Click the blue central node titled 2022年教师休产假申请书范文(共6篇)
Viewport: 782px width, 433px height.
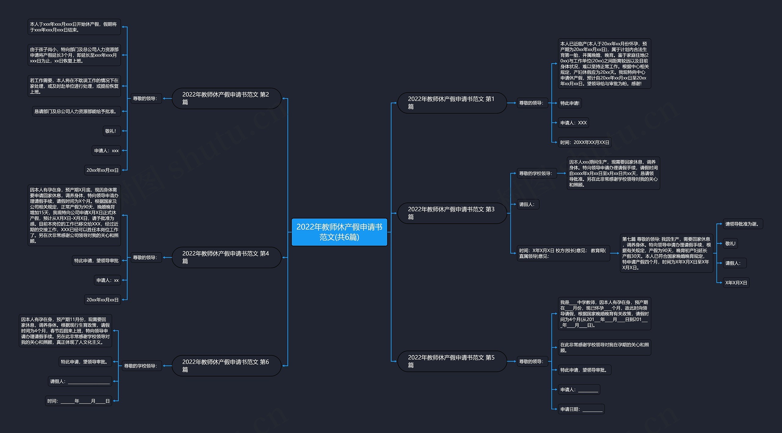tap(339, 232)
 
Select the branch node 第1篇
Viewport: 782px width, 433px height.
tap(452, 103)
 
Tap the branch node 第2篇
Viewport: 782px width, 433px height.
tap(226, 98)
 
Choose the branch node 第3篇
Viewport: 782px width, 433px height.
tap(452, 213)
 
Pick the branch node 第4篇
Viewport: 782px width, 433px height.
tap(226, 257)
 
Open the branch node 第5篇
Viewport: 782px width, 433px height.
tap(452, 361)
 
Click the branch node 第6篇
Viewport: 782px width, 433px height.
tap(226, 366)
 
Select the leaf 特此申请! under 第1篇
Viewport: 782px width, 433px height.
tap(570, 103)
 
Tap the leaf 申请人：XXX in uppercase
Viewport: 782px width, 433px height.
tap(573, 123)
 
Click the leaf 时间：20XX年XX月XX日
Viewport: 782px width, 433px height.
tap(585, 142)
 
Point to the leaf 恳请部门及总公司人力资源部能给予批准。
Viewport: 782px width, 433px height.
tap(76, 112)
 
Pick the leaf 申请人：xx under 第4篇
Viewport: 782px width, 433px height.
tap(108, 280)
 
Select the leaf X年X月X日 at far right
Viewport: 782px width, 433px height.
tap(736, 283)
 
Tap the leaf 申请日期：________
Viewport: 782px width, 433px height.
tap(581, 409)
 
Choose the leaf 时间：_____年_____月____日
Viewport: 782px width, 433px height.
tap(79, 401)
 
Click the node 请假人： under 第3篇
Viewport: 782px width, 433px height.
tap(528, 204)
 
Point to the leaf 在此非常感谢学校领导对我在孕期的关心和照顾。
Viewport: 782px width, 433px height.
tap(605, 347)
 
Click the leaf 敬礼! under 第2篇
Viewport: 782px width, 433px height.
tap(111, 131)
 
